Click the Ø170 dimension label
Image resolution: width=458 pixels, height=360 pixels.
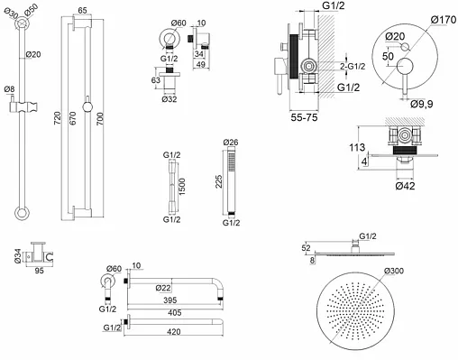(x=443, y=20)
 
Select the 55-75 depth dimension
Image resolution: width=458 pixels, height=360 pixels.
(x=304, y=117)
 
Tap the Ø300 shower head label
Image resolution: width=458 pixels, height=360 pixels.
(x=394, y=271)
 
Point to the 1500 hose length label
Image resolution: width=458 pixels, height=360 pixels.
(x=181, y=187)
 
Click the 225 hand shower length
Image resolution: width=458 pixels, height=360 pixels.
(x=218, y=181)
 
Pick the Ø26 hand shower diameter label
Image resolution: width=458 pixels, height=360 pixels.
(x=231, y=142)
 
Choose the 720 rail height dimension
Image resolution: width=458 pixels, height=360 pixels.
(x=58, y=118)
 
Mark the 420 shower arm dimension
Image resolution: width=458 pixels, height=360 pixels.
(x=174, y=332)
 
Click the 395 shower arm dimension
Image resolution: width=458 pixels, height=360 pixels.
(x=170, y=300)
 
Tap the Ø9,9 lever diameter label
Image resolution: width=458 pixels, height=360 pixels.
(x=422, y=104)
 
